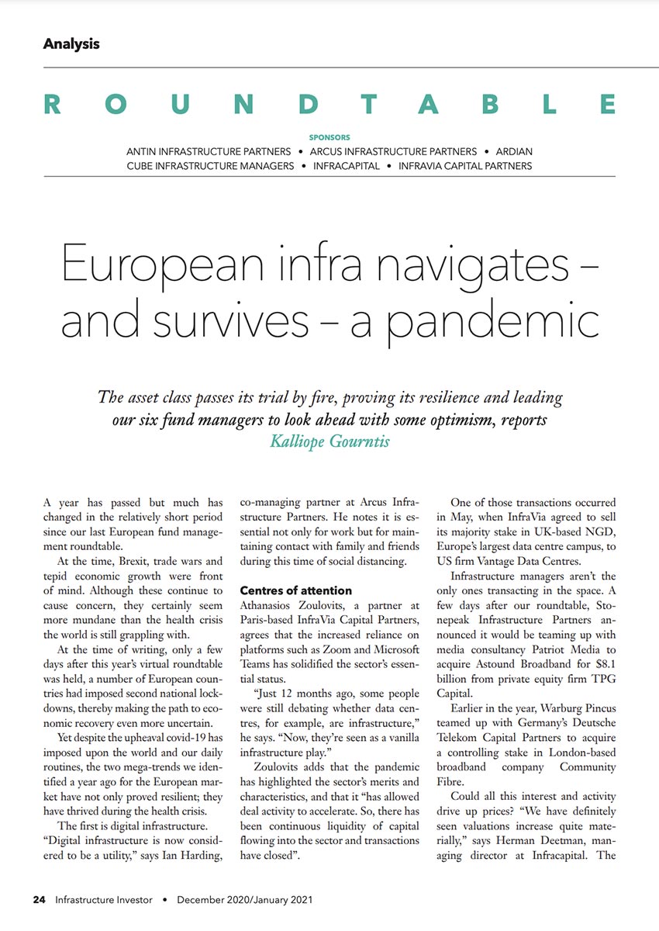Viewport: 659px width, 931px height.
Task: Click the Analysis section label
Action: point(71,43)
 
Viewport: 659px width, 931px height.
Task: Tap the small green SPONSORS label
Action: point(329,138)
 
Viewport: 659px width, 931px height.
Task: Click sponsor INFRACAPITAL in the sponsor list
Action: point(347,165)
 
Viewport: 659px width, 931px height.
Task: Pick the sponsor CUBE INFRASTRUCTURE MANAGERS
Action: point(211,165)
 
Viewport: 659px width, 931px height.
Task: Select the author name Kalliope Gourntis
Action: point(329,441)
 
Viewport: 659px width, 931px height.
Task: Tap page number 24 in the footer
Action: point(39,900)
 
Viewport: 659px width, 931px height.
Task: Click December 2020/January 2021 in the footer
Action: point(245,900)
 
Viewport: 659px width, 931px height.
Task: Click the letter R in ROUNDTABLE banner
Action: point(53,105)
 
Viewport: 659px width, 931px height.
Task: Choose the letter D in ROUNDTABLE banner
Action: point(308,105)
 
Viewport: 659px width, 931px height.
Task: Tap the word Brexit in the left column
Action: point(137,561)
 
